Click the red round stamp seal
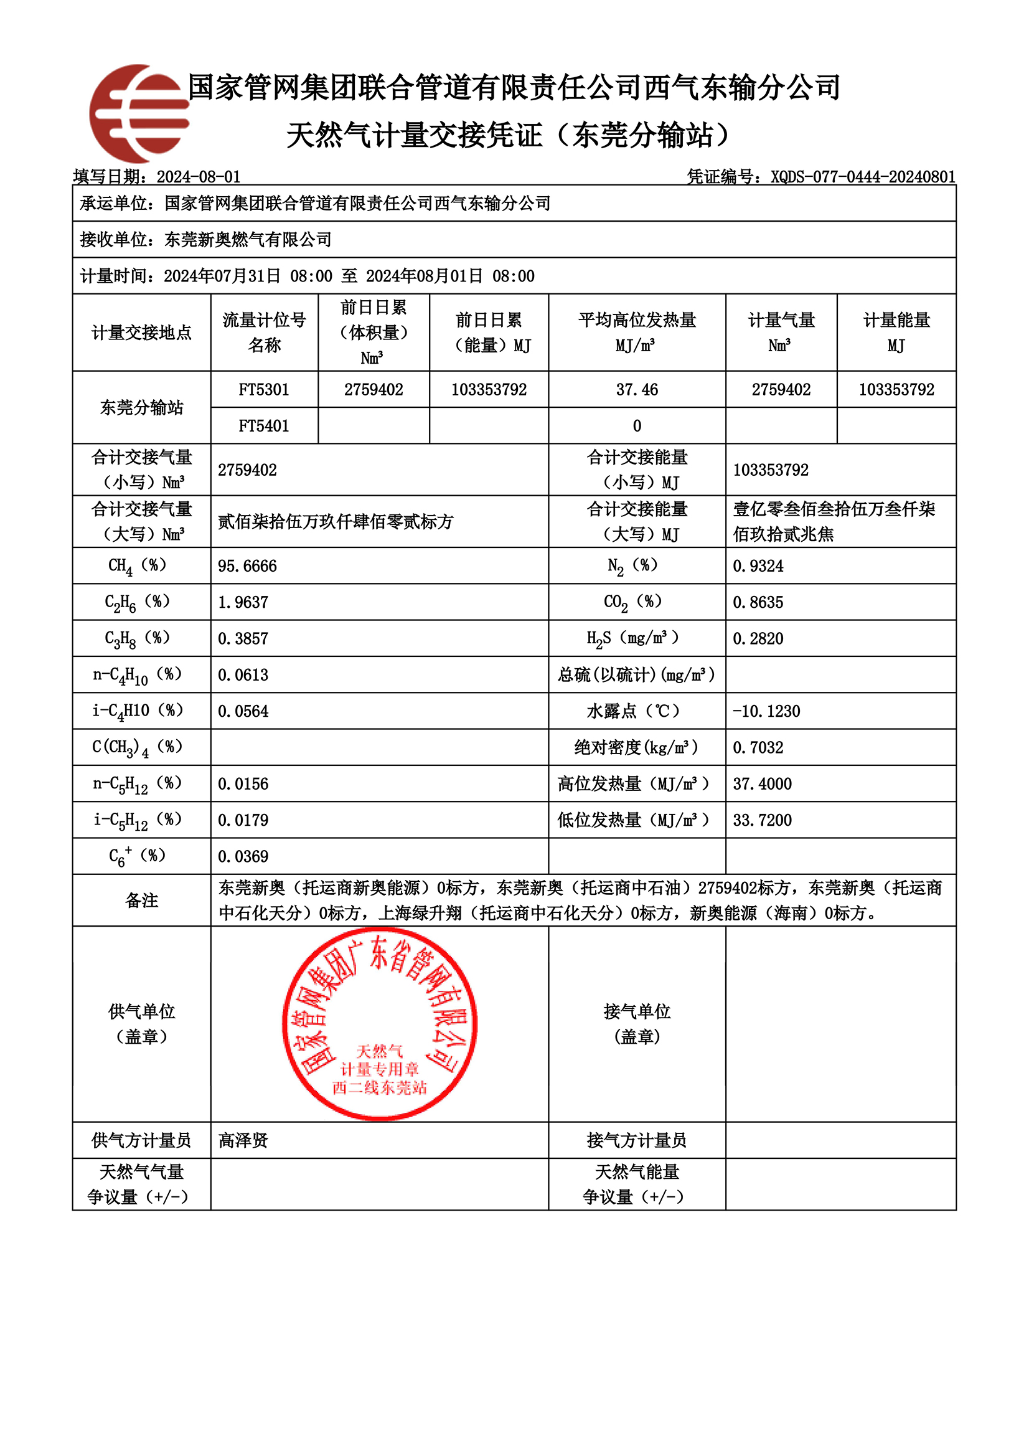379,1024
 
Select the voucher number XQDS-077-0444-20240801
863,176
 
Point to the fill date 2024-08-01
199,176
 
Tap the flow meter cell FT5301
264,389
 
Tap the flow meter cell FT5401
264,425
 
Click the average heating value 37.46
637,389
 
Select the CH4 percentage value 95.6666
247,565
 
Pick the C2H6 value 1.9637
243,602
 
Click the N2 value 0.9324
758,565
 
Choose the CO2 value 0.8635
758,602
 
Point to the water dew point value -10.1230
766,711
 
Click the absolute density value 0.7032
758,747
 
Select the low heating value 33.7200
762,820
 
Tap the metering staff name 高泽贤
243,1140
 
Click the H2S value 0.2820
758,638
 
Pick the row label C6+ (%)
138,856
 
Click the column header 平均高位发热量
637,319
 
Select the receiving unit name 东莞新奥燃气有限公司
248,239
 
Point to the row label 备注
141,900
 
